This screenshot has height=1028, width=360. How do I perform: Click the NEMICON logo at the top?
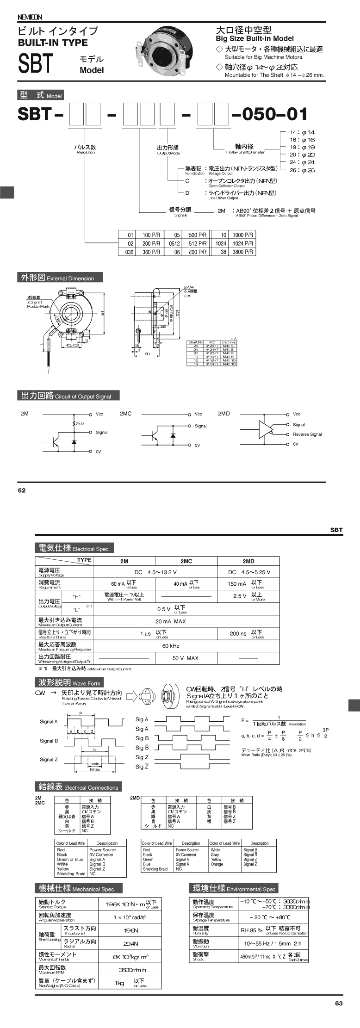[x=30, y=17]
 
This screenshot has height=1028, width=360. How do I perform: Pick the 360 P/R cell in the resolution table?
[x=151, y=252]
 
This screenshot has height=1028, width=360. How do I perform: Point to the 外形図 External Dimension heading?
[x=60, y=278]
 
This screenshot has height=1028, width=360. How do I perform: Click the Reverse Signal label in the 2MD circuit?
[x=307, y=434]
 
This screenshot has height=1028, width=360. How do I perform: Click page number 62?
[x=22, y=490]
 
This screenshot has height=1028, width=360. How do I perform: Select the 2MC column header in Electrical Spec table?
[x=186, y=561]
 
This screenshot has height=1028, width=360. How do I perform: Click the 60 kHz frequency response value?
[x=170, y=646]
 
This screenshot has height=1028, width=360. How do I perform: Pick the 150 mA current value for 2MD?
[x=237, y=584]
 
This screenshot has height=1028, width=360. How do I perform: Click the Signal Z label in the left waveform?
[x=49, y=760]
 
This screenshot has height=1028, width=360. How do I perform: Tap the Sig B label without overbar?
[x=142, y=738]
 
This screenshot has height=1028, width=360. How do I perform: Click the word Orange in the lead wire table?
[x=217, y=864]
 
